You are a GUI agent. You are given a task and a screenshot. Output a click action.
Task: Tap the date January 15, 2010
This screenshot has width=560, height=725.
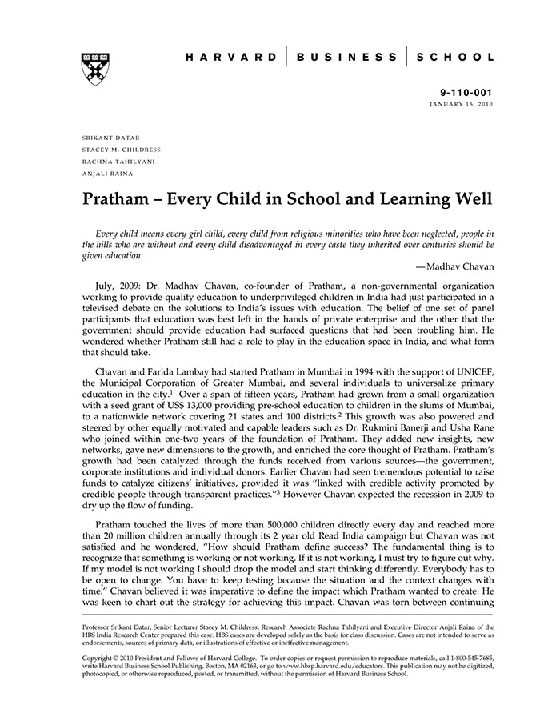click(462, 105)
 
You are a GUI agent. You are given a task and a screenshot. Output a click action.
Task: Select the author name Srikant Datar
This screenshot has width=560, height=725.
click(111, 138)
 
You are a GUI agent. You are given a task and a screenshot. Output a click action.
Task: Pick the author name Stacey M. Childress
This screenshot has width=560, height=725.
click(122, 150)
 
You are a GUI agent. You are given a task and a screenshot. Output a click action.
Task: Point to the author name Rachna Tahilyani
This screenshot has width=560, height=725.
click(119, 162)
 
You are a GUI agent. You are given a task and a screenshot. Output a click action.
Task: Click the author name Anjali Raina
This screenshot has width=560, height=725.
click(108, 174)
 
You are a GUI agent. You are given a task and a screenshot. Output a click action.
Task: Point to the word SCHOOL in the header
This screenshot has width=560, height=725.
click(457, 58)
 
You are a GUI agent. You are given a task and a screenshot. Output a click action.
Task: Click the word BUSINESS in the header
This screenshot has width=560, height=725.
click(346, 58)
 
